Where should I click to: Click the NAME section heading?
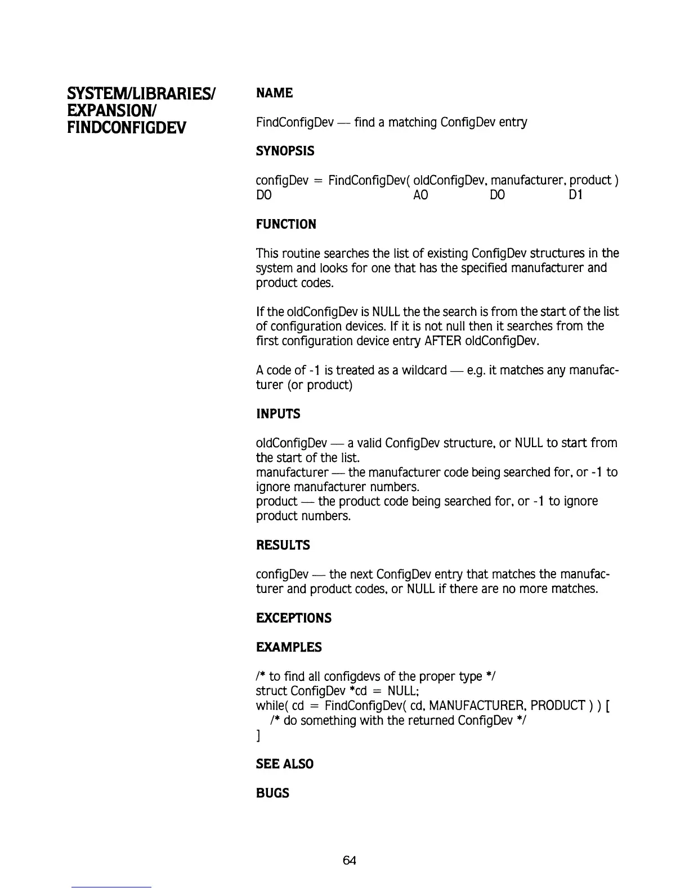point(274,93)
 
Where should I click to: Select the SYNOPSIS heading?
point(285,151)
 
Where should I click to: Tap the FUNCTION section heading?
point(286,224)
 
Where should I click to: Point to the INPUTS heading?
point(278,414)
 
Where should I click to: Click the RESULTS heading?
point(283,545)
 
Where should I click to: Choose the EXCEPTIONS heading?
point(293,618)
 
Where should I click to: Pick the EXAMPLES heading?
point(289,647)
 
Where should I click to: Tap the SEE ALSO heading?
point(284,764)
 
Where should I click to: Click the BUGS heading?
point(272,793)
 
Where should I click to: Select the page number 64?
point(349,860)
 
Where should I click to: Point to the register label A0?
point(420,195)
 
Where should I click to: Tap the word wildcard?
point(424,371)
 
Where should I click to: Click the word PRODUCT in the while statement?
point(558,706)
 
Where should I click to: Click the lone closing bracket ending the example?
point(258,735)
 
